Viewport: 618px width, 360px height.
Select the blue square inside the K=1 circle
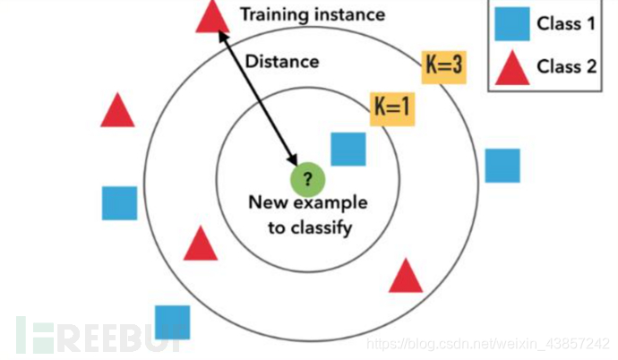[x=348, y=149]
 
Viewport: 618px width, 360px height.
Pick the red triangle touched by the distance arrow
[x=211, y=16]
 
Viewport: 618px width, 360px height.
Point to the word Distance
[x=282, y=62]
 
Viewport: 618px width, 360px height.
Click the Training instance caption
[x=312, y=14]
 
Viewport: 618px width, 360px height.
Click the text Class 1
[x=566, y=23]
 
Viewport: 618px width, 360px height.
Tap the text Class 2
[x=566, y=66]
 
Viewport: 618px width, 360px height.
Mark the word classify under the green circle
[x=309, y=227]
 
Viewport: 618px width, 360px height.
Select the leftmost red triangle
[x=117, y=111]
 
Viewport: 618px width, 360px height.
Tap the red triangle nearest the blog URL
[x=406, y=276]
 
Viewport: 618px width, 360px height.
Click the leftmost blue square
[x=119, y=203]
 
